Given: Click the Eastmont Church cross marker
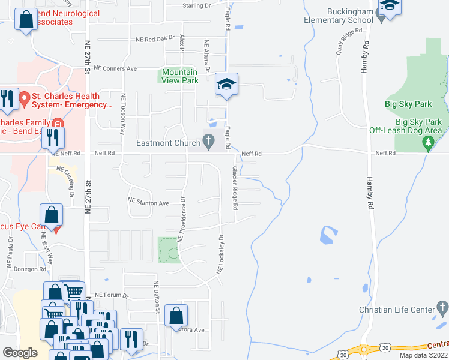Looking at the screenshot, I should pyautogui.click(x=209, y=143).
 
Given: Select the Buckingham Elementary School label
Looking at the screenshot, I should pyautogui.click(x=350, y=16).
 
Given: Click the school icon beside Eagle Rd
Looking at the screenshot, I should pyautogui.click(x=227, y=84).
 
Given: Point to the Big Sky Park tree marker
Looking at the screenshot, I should pyautogui.click(x=427, y=143).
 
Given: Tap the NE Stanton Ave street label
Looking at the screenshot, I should pyautogui.click(x=148, y=203).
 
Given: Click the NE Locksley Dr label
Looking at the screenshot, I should pyautogui.click(x=220, y=255).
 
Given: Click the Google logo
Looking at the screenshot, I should pyautogui.click(x=20, y=352).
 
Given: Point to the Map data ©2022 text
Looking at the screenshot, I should pyautogui.click(x=423, y=355).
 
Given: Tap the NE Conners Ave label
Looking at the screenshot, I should pyautogui.click(x=133, y=68).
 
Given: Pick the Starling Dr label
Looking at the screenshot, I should pyautogui.click(x=197, y=5).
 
